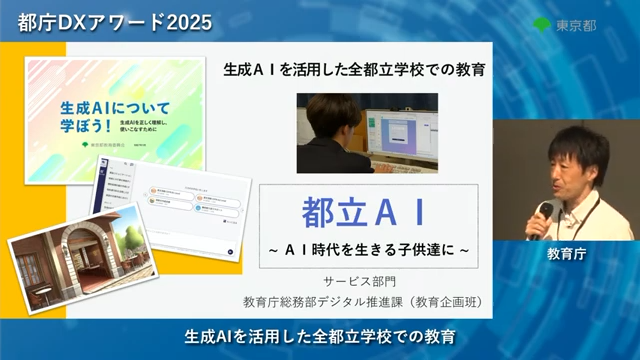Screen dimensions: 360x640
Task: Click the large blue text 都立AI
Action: [x=364, y=212]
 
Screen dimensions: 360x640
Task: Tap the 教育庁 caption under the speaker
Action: [x=566, y=254]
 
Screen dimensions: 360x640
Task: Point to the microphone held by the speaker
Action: [x=548, y=209]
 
